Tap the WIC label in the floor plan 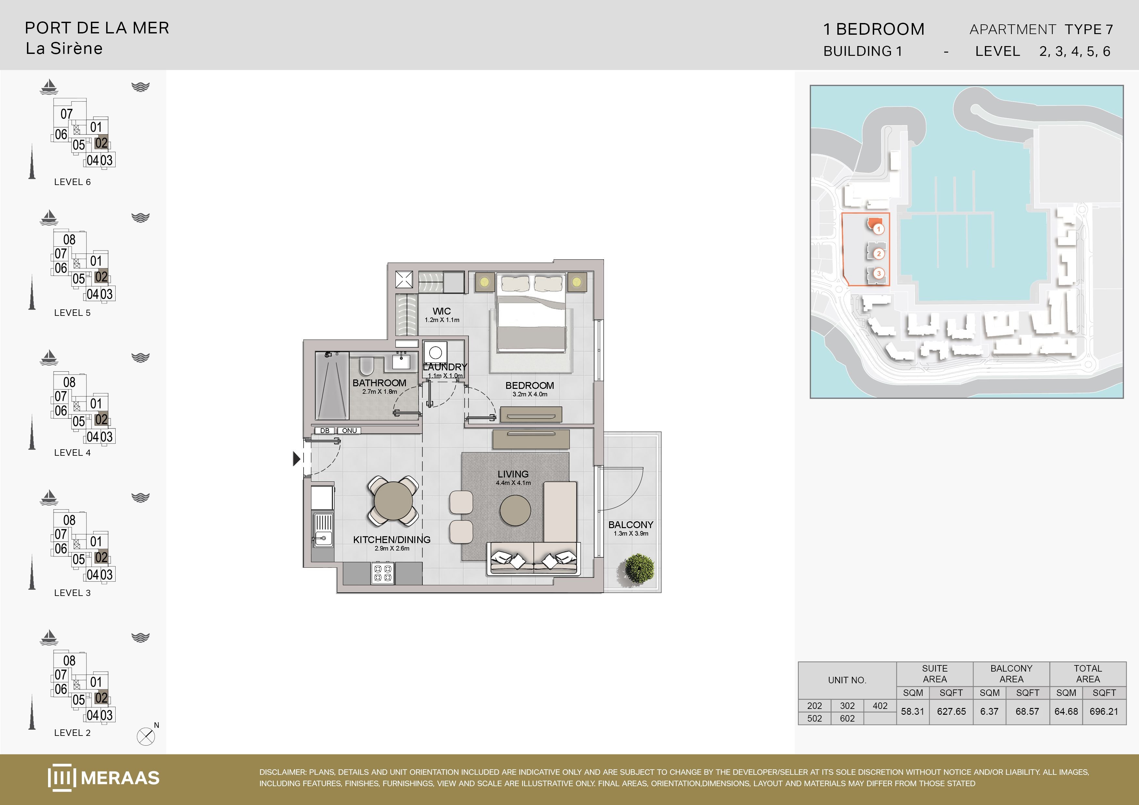click(442, 311)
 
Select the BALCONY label click(631, 525)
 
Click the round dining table click(394, 501)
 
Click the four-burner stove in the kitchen click(382, 573)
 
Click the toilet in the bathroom click(366, 365)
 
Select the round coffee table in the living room click(515, 510)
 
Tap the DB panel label click(324, 430)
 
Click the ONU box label click(349, 430)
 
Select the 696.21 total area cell click(1104, 711)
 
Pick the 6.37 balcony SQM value click(989, 711)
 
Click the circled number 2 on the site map click(879, 254)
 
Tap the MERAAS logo click(104, 777)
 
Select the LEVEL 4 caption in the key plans click(72, 452)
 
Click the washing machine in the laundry click(435, 353)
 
